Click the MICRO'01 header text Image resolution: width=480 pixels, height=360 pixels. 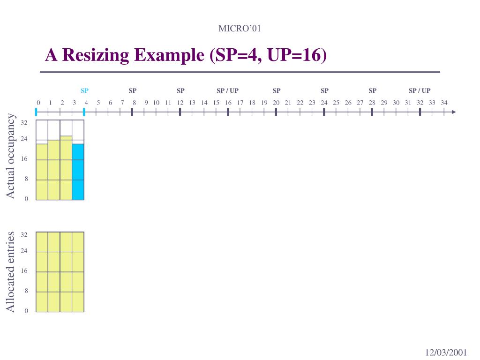[240, 29]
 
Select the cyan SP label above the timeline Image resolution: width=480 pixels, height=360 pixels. [84, 90]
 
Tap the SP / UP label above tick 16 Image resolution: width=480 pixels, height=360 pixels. [227, 90]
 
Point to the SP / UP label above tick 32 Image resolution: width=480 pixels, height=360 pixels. [420, 90]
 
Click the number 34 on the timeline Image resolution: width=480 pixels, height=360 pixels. [444, 103]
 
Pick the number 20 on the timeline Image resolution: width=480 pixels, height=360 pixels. [276, 103]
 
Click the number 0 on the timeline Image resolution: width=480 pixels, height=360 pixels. [38, 103]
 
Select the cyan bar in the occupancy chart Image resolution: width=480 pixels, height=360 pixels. [78, 172]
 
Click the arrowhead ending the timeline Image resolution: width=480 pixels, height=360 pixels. [453, 112]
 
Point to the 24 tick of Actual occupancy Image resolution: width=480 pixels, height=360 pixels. [24, 139]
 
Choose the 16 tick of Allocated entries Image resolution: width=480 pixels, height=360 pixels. [24, 271]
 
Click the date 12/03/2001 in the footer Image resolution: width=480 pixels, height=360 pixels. [446, 352]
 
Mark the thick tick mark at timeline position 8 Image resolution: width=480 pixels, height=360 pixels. [132, 112]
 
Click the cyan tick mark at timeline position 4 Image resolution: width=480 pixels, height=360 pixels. [84, 112]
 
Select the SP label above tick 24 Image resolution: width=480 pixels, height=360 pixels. [324, 90]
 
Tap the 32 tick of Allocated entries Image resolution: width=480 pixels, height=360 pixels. [24, 234]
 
